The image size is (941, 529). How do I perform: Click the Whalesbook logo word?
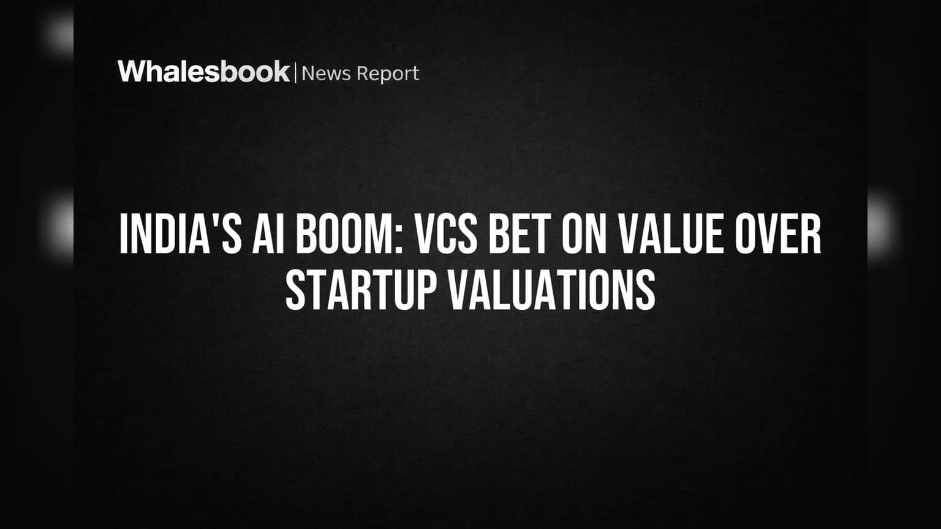pos(204,72)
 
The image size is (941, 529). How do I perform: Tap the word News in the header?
pos(326,73)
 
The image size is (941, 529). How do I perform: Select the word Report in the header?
pos(388,74)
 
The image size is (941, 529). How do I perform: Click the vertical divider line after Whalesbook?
pos(296,73)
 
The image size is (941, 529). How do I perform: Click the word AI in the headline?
pos(268,234)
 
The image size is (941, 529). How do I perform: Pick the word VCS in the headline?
pos(446,234)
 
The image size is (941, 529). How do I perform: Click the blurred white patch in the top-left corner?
pos(58,34)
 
